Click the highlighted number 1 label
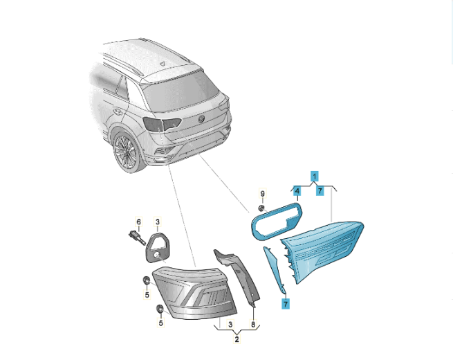click(x=315, y=176)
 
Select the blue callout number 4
click(x=297, y=191)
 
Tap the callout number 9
click(x=262, y=193)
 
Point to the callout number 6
click(x=139, y=222)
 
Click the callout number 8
click(x=253, y=325)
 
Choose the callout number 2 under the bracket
click(x=237, y=339)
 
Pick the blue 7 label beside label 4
click(x=320, y=191)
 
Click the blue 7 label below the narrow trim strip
click(x=286, y=304)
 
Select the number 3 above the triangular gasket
click(x=158, y=222)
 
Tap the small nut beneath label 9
click(x=261, y=208)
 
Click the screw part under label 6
click(x=136, y=237)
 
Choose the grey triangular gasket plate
click(x=158, y=246)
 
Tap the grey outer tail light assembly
click(x=194, y=292)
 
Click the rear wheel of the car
click(x=127, y=152)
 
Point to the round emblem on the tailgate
click(x=201, y=118)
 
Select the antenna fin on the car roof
click(x=163, y=63)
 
